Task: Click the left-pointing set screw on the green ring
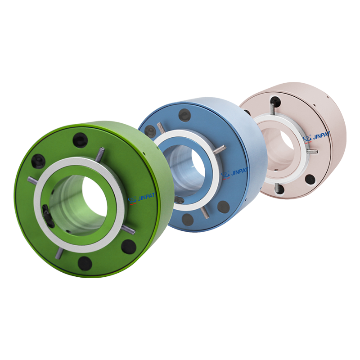click(x=32, y=180)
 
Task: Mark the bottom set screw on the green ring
click(x=58, y=253)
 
